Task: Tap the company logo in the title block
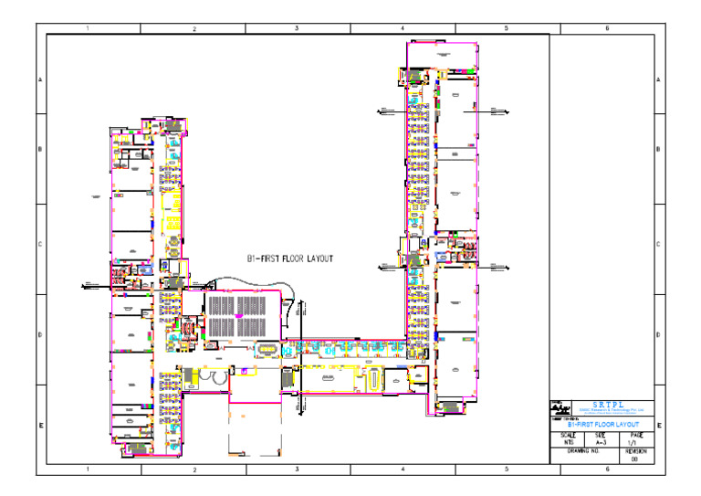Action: (x=559, y=410)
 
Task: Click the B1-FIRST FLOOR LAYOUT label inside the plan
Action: (x=290, y=259)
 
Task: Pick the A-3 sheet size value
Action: (x=601, y=441)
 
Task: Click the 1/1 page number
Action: (x=637, y=441)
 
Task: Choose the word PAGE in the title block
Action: (x=637, y=434)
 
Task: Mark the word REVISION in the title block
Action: (x=637, y=451)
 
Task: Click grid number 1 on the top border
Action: (x=88, y=29)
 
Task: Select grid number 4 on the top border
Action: (x=403, y=29)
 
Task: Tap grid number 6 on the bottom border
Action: (x=607, y=469)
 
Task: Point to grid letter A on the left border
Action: (x=40, y=80)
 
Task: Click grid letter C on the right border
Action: (x=659, y=244)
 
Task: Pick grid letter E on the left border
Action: (x=40, y=426)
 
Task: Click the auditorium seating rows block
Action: (x=236, y=316)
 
